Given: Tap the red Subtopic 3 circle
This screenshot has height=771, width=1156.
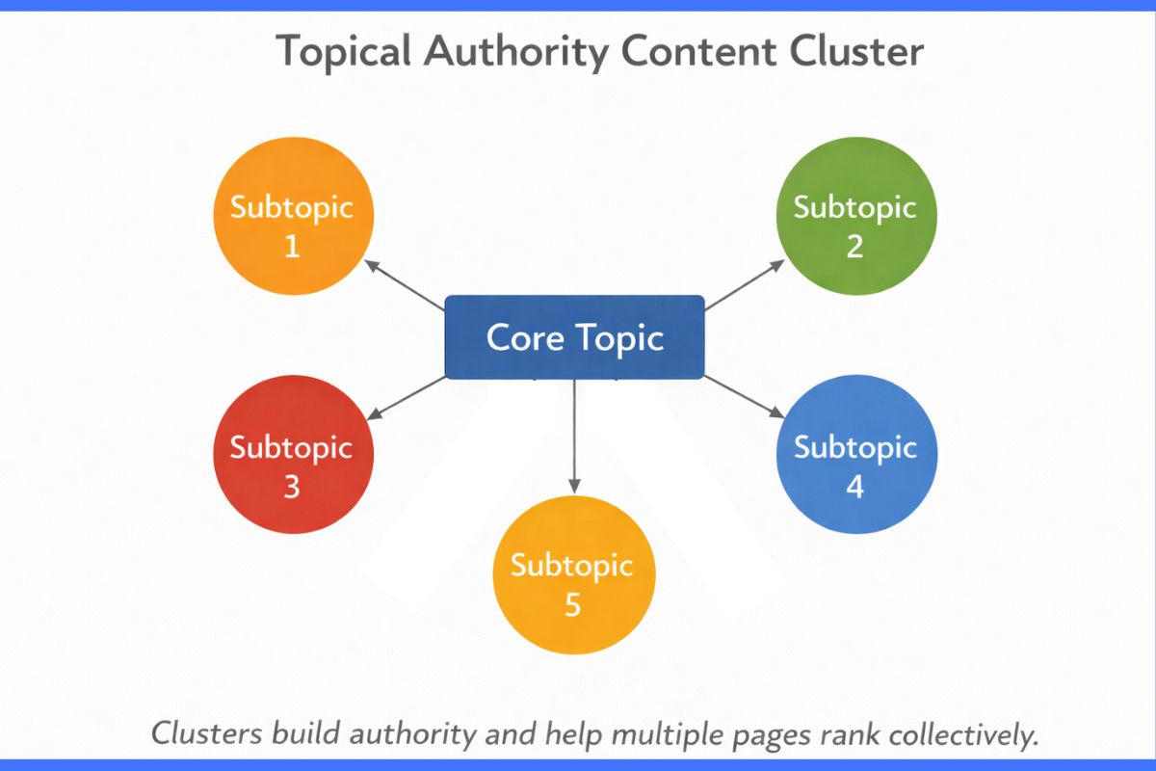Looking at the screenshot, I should click(292, 466).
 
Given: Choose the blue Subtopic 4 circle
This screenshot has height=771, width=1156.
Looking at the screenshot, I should click(855, 466).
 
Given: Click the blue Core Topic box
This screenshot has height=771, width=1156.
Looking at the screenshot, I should click(574, 337).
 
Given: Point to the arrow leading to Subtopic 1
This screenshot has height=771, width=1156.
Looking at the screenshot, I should click(405, 284).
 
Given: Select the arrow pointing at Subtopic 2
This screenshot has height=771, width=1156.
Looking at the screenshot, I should click(747, 284).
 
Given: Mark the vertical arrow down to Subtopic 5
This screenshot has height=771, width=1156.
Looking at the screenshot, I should click(574, 434).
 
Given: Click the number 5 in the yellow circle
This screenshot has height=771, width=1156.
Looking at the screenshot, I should click(573, 605).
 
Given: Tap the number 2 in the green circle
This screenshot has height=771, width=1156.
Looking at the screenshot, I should click(854, 247).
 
